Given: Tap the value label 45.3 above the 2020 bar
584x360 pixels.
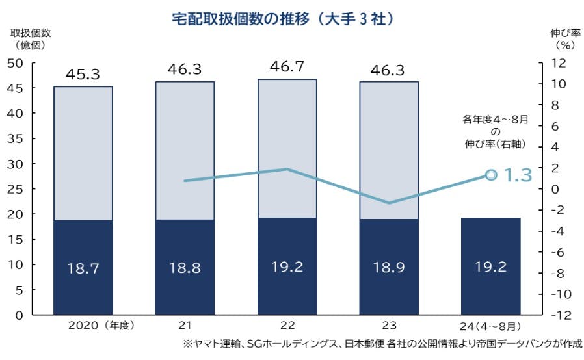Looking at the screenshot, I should [x=83, y=74].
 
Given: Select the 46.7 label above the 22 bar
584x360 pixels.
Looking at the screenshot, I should [x=287, y=67].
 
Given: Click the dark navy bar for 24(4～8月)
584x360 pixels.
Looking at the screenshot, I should [x=490, y=266].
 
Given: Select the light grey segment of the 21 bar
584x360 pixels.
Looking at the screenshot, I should [x=185, y=149].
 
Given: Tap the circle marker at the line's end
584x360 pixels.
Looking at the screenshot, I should [x=492, y=175].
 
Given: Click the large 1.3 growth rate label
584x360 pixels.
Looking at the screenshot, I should [x=518, y=175].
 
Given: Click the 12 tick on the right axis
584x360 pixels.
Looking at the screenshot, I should [x=557, y=63].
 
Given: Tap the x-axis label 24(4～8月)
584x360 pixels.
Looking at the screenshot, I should [x=491, y=326].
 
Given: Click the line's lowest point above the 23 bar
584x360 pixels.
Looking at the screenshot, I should [x=389, y=203].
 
